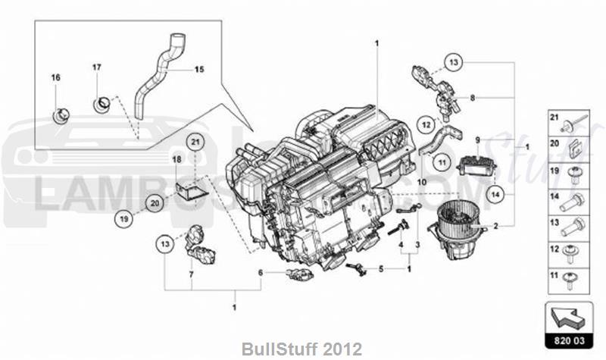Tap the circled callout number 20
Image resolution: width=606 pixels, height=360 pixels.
[154, 203]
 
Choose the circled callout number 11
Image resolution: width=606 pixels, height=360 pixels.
[442, 160]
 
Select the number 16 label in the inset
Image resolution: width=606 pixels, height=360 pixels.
[55, 78]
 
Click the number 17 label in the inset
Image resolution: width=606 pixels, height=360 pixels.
[97, 68]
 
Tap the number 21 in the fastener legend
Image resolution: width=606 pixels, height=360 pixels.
[554, 120]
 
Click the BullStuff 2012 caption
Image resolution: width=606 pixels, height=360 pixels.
[302, 349]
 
